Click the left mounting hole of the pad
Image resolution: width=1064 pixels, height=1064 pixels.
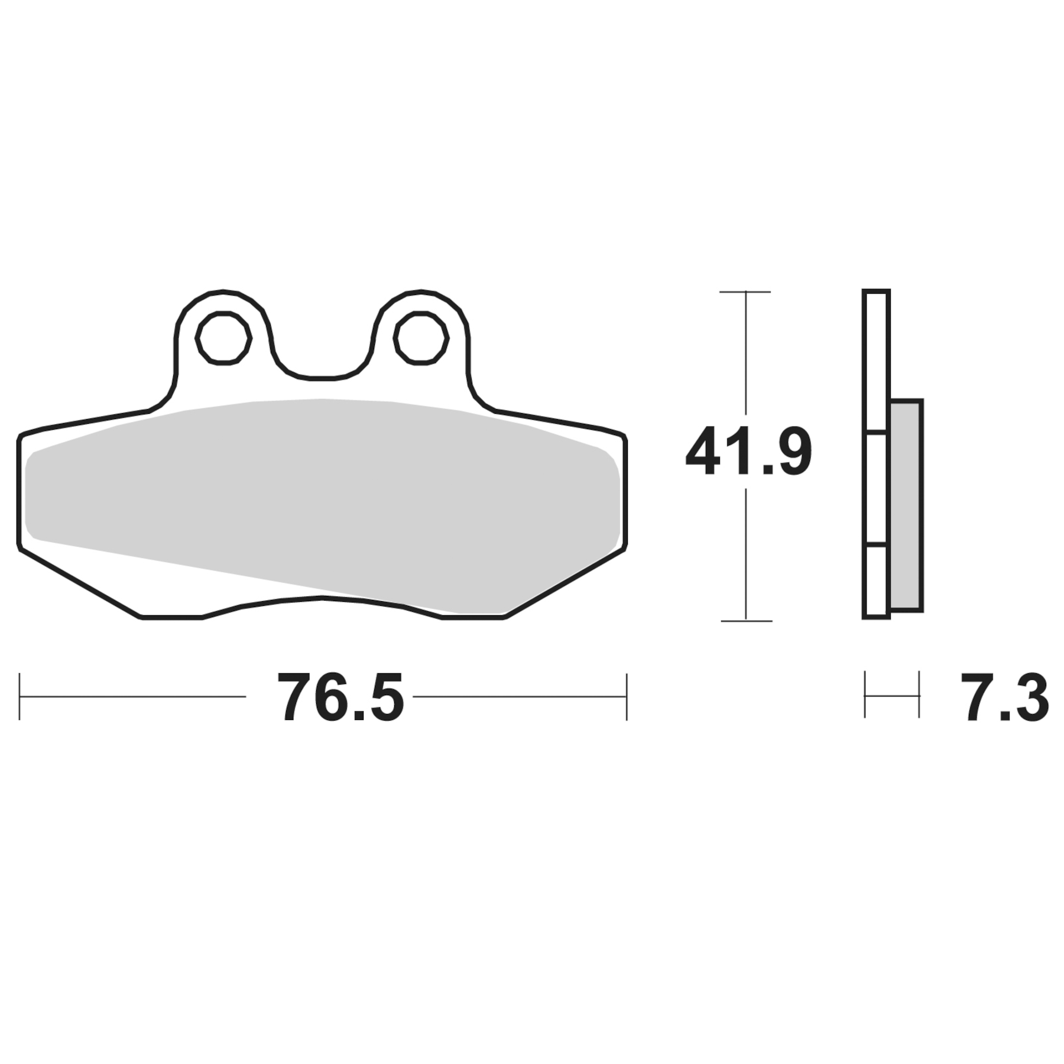[x=223, y=338]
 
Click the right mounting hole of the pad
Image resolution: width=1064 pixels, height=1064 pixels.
[x=421, y=338]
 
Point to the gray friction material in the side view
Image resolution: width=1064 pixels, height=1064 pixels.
[x=906, y=505]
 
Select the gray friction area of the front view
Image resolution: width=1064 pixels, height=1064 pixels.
[x=322, y=502]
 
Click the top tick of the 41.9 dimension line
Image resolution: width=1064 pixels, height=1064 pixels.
[x=745, y=291]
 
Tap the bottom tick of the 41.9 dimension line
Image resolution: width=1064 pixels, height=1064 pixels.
[x=746, y=621]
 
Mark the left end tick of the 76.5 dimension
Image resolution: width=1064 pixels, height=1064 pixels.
[x=20, y=696]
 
